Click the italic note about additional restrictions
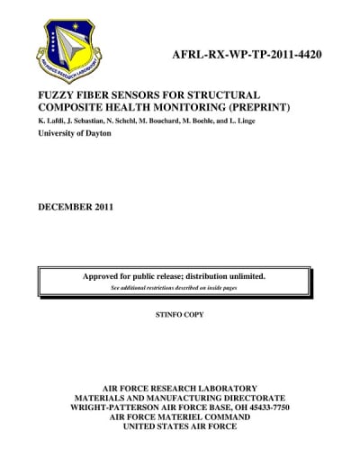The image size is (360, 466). pos(178,288)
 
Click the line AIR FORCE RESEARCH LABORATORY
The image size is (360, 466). pos(180,388)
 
